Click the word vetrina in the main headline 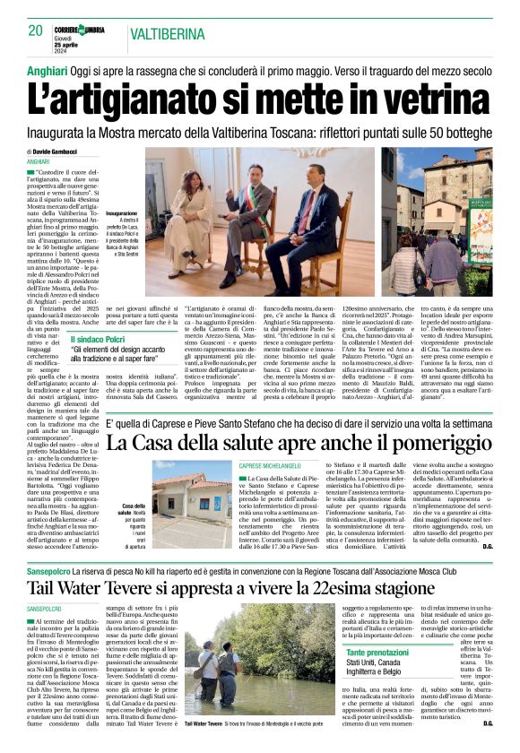click(424, 93)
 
